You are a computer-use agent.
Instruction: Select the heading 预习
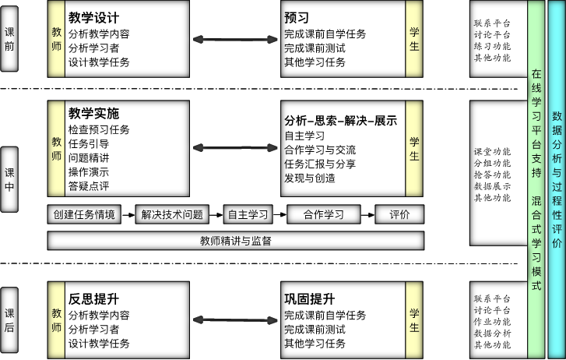297,17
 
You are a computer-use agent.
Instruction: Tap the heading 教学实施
93,113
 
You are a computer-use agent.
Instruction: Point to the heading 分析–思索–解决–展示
340,120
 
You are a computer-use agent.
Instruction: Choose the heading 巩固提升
309,299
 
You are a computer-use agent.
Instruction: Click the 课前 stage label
9,39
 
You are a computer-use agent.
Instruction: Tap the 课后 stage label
9,320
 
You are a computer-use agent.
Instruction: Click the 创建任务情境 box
84,214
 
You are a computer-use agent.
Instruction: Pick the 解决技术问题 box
172,214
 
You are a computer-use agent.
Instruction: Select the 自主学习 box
248,214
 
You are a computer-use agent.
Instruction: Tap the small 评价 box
399,214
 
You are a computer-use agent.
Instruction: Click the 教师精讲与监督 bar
235,241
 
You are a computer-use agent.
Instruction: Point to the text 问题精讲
89,157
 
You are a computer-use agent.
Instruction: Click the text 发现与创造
310,178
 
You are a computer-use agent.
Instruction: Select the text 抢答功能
492,175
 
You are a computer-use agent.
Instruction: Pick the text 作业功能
492,321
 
